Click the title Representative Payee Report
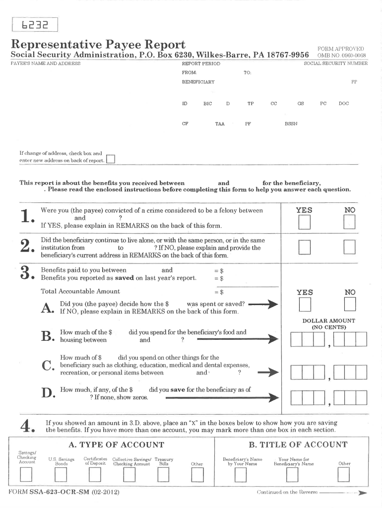click(98, 44)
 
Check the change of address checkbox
click(111, 159)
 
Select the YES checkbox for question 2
click(304, 247)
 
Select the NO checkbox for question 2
click(350, 247)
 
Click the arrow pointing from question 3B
click(237, 339)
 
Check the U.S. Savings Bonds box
click(61, 475)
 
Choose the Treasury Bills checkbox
click(163, 475)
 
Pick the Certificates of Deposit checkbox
click(95, 475)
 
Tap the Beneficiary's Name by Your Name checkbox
click(241, 475)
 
